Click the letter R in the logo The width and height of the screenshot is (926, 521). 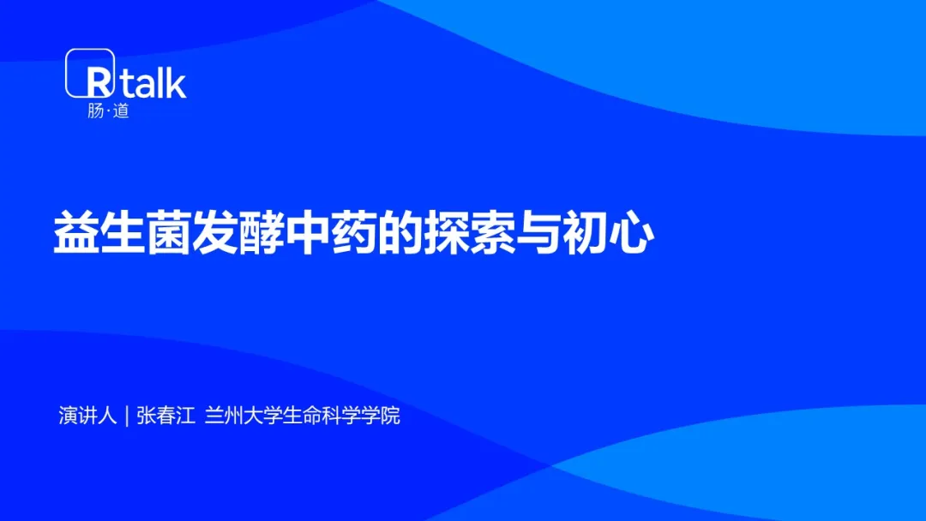(99, 82)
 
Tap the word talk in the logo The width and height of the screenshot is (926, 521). (153, 81)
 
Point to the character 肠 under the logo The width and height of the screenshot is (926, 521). (96, 111)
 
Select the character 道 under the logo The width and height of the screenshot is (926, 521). (121, 111)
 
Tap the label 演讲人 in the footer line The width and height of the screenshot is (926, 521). (88, 416)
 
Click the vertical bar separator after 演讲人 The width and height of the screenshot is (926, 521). (127, 416)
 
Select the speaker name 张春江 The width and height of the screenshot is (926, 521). (166, 416)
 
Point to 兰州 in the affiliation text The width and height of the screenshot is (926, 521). (225, 416)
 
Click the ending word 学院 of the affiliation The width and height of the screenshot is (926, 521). (381, 416)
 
